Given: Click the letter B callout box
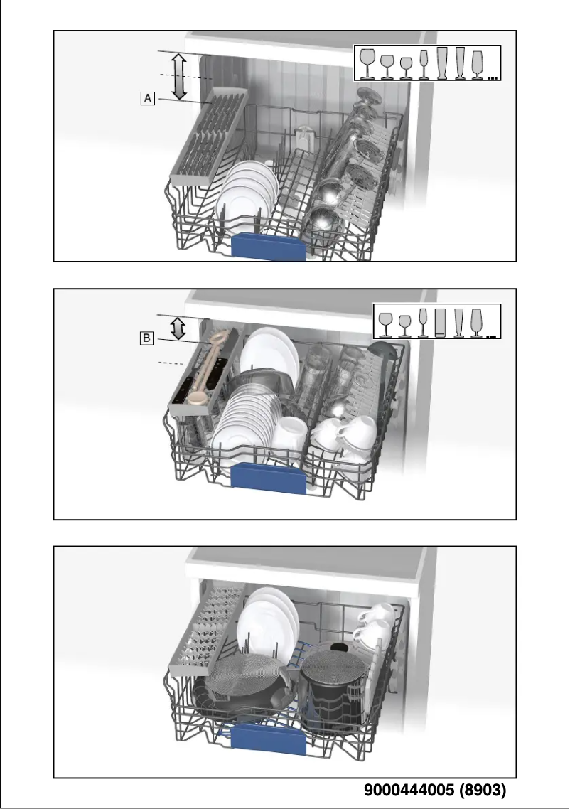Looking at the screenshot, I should pyautogui.click(x=146, y=338).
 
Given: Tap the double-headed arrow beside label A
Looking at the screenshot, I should pyautogui.click(x=179, y=75).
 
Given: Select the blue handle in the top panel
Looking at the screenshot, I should pyautogui.click(x=269, y=246).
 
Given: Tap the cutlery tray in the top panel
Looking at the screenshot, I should pyautogui.click(x=207, y=135).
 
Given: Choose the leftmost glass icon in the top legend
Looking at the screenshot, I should pyautogui.click(x=368, y=63).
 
